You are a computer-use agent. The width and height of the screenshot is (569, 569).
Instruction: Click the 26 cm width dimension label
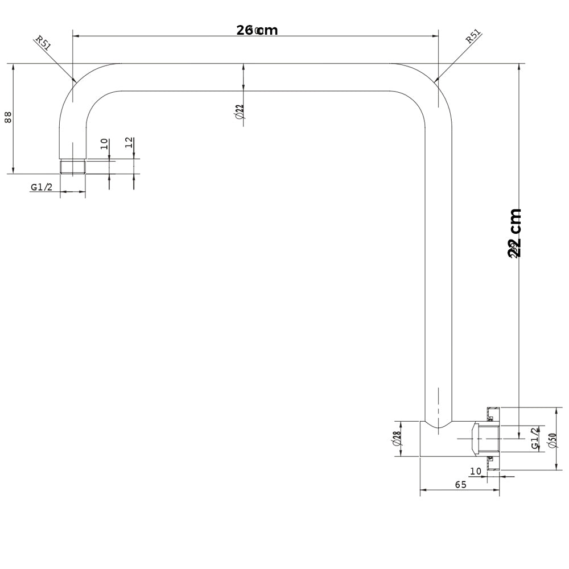pos(257,30)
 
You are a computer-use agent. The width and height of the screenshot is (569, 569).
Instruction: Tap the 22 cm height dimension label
pos(515,233)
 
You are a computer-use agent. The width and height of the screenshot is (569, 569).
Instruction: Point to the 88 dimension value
pos(8,117)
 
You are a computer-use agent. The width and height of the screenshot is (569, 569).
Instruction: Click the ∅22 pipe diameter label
pos(240,111)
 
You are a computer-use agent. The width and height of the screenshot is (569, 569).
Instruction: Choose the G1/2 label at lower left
pos(42,187)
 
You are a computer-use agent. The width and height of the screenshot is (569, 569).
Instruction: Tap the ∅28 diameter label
pos(397,438)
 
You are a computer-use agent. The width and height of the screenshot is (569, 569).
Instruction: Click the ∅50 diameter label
pos(551,439)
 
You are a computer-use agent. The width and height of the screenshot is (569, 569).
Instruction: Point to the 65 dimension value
pos(460,485)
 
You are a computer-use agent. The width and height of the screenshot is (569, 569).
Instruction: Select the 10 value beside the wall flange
pos(476,471)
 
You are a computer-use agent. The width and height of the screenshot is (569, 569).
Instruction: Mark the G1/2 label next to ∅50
pos(535,439)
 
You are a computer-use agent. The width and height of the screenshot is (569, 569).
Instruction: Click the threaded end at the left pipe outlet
pos(73,167)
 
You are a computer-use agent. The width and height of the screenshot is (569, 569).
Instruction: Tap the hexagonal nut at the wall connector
pos(476,439)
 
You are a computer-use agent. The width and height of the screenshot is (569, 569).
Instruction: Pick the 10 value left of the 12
pos(104,143)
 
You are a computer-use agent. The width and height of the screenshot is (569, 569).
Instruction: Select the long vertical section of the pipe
pos(439,256)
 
